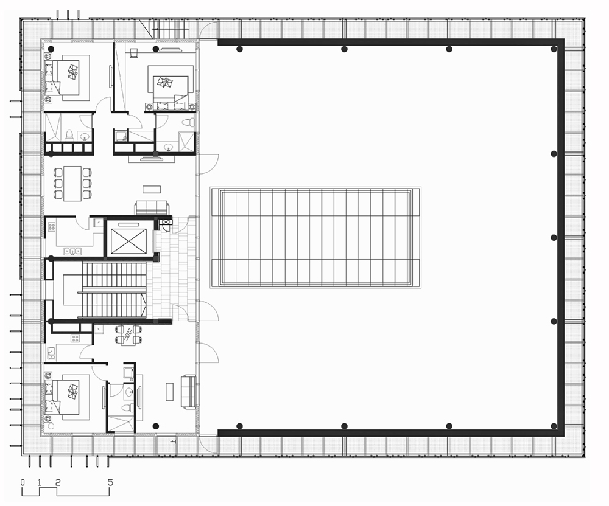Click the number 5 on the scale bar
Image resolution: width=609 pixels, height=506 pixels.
[x=110, y=482]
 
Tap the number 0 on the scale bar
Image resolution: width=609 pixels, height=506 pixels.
[x=23, y=482]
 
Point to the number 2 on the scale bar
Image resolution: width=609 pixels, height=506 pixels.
[x=58, y=482]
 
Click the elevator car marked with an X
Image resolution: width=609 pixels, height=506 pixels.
[x=128, y=241]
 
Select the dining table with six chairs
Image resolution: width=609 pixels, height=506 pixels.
[x=72, y=183]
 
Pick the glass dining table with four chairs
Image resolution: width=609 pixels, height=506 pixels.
[x=128, y=334]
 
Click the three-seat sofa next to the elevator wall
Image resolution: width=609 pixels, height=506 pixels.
[x=152, y=207]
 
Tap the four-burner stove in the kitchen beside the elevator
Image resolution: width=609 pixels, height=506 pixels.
[x=52, y=226]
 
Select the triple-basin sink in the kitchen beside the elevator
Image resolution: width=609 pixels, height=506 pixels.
[x=72, y=251]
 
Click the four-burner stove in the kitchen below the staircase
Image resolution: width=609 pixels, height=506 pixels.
[x=76, y=339]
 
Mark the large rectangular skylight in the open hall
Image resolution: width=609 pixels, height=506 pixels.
[x=315, y=238]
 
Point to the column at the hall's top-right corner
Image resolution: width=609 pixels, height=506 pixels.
[x=554, y=49]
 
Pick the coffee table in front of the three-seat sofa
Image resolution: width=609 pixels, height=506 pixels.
[x=152, y=189]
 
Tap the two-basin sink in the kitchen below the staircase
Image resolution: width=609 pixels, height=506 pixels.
[x=51, y=353]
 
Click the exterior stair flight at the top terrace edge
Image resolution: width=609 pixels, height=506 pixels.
[x=170, y=29]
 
